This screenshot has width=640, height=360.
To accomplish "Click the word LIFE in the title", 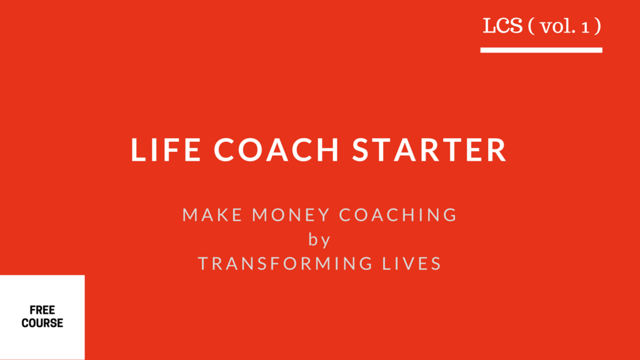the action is pos(166,150).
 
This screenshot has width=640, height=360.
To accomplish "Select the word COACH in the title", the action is pos(276,150).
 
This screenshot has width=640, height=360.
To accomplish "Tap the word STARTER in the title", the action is pos(429,150).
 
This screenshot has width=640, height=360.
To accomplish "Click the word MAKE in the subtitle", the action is pos(212,215).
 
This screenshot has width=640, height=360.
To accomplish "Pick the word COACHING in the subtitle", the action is pos(398,215).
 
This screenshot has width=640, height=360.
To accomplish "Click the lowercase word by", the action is pos(319,239).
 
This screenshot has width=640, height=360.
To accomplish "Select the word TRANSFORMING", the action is pos(285,264).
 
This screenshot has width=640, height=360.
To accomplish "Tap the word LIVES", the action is pos(412,264).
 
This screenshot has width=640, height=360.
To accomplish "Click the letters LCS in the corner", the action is pos(502,26).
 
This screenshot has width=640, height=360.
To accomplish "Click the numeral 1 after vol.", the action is pos(586,27).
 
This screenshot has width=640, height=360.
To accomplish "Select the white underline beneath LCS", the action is pos(541,50).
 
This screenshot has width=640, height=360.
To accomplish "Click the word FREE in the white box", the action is pos(42,310).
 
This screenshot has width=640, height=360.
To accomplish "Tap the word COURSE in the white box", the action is pos(42,323).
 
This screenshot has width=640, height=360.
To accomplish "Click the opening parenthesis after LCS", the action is pos(531,26).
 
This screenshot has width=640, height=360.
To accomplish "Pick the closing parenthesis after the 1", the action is pos(597,26).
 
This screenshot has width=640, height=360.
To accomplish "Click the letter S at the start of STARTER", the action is pos(362,150).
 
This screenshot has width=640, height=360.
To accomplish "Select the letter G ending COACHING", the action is pos(450,215).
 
